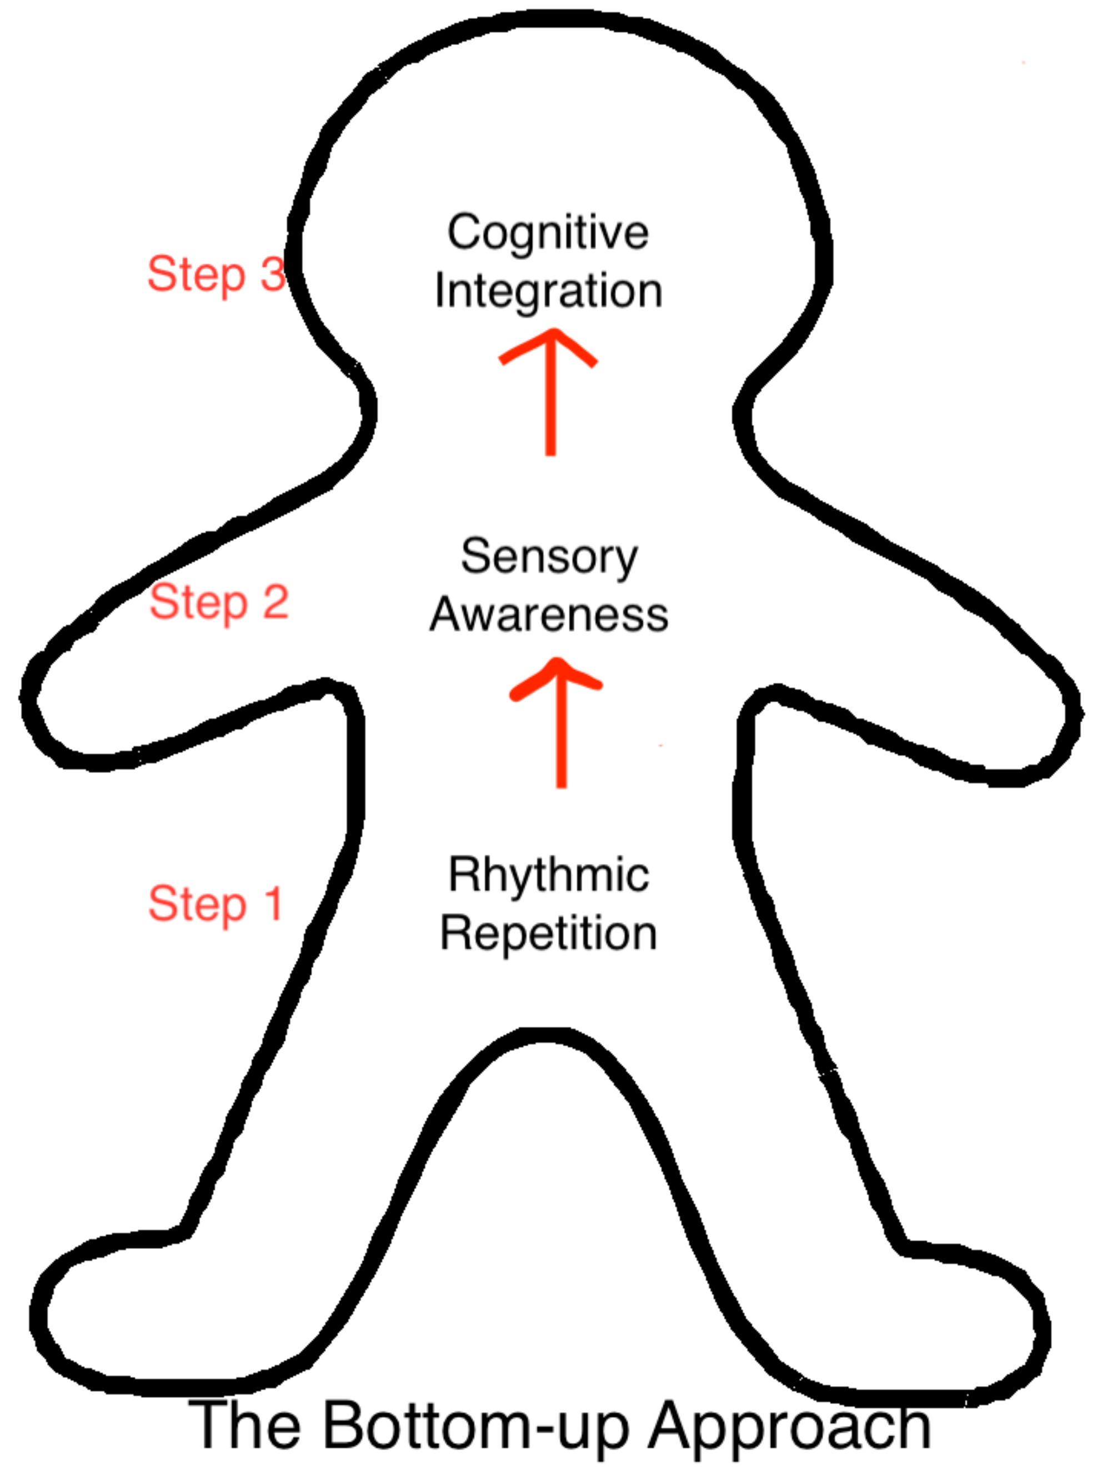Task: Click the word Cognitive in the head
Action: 548,234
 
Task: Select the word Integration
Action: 548,292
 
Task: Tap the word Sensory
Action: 550,558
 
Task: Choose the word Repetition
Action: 548,935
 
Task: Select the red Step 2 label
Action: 219,603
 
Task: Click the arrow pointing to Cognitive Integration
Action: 550,392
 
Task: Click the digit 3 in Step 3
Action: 273,272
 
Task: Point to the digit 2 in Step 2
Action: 275,601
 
